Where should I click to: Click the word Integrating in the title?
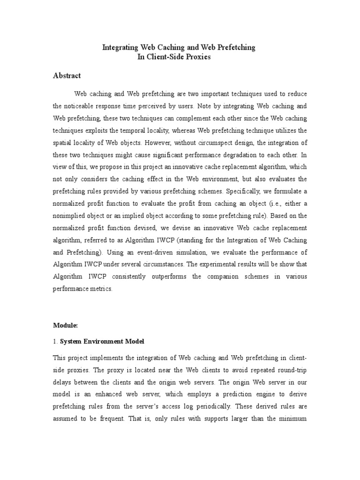pyautogui.click(x=120, y=48)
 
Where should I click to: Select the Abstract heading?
pyautogui.click(x=67, y=75)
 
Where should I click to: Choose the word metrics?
pyautogui.click(x=103, y=289)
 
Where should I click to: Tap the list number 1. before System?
pyautogui.click(x=55, y=341)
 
